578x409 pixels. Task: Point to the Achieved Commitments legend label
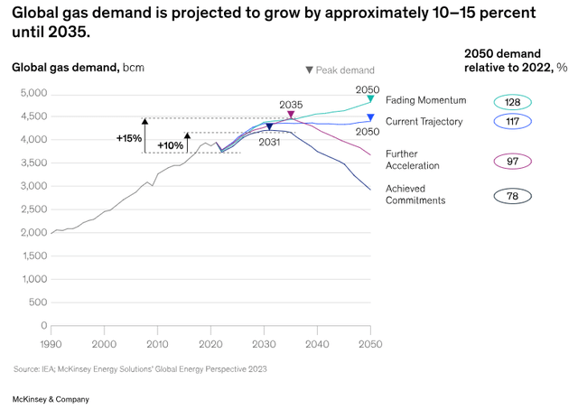(416, 194)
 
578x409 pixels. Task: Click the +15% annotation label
(129, 138)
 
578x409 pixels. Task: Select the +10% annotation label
(171, 145)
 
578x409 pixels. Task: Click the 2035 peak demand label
(291, 104)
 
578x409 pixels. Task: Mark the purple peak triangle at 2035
(291, 115)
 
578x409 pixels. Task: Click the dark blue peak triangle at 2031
(270, 128)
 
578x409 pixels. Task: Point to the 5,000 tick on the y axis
(33, 93)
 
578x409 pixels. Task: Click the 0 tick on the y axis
(42, 325)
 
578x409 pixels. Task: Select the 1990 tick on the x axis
(51, 344)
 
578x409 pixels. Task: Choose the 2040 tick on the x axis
(317, 344)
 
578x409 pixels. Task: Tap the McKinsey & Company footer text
(51, 398)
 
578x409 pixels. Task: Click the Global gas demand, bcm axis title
(77, 67)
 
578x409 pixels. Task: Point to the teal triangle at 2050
(370, 99)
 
